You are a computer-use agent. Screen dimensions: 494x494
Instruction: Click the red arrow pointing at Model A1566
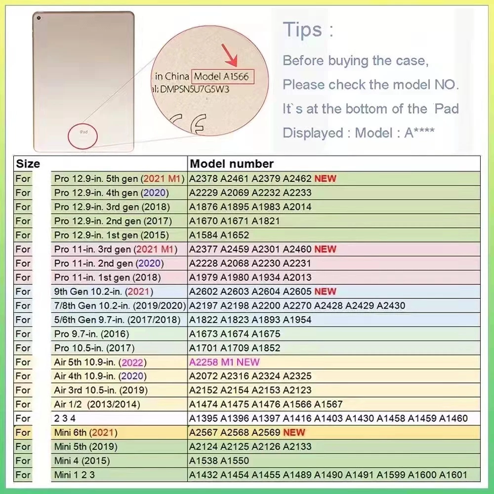tap(230, 56)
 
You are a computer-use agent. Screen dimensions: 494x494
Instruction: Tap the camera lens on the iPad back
tap(39, 18)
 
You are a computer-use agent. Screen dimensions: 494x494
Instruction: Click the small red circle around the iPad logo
tap(82, 136)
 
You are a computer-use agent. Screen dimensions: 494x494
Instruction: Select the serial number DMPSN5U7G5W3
tap(194, 89)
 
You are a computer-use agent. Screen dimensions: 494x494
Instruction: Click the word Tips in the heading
tap(302, 30)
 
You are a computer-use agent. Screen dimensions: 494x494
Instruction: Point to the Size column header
tap(28, 164)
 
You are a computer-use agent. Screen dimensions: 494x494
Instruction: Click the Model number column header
tap(232, 164)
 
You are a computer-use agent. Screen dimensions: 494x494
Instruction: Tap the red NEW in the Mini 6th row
tap(294, 432)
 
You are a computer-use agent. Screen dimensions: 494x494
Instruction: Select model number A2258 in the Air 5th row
tap(204, 362)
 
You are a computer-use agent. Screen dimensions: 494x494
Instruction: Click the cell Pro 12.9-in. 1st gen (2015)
tap(111, 235)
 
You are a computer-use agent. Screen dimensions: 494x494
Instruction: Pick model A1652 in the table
tap(235, 235)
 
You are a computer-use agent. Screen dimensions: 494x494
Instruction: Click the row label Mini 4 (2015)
tap(82, 461)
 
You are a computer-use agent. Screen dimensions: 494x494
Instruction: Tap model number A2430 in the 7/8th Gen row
tap(391, 306)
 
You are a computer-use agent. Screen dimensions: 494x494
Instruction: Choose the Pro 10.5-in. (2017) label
tap(94, 348)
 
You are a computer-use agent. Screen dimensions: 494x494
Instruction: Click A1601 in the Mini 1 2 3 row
tap(453, 475)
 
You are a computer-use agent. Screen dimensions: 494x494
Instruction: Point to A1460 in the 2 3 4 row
tap(453, 418)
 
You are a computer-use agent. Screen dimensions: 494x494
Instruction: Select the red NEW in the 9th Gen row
tap(325, 291)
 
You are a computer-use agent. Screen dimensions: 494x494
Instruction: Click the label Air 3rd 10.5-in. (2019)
tap(101, 390)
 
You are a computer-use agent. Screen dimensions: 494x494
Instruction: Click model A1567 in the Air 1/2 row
tap(329, 404)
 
